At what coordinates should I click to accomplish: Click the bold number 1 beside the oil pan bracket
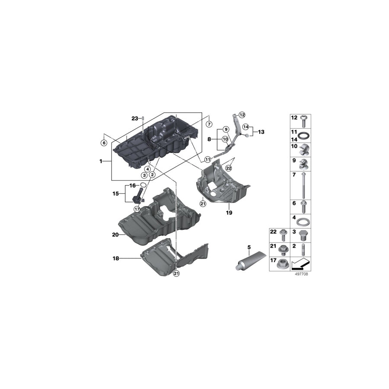point(101,161)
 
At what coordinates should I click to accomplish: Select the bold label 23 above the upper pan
point(134,118)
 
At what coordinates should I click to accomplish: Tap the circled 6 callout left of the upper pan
point(104,143)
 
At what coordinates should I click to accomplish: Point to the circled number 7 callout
point(209,124)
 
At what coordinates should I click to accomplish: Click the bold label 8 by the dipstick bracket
point(210,139)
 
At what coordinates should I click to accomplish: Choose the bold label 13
point(261,132)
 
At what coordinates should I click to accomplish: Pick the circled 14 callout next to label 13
point(246,127)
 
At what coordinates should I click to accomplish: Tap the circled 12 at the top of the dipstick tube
point(242,115)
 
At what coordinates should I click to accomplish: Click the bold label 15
point(116,194)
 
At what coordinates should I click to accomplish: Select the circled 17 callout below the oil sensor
point(137,209)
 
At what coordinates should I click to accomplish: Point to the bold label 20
point(115,235)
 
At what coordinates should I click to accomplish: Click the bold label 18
point(115,258)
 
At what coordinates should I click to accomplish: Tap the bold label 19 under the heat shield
point(230,213)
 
